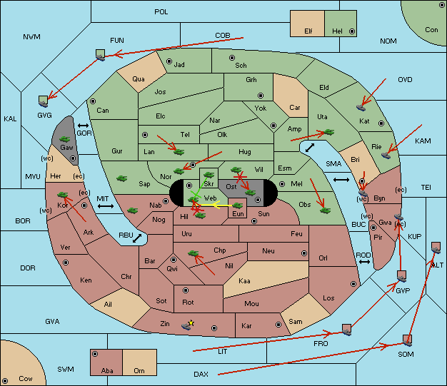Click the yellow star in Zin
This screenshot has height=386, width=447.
click(191, 323)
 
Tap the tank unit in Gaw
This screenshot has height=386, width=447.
click(65, 139)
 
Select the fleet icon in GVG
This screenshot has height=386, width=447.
click(44, 101)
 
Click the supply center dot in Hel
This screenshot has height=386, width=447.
click(352, 31)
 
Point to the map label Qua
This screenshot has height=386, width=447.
click(139, 79)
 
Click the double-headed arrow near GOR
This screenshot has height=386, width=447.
click(83, 126)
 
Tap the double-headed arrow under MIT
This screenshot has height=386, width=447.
click(106, 206)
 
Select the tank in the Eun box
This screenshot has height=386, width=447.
click(238, 205)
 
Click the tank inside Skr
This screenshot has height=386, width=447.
click(209, 174)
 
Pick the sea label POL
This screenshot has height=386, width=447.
click(161, 12)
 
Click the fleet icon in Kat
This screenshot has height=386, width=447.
click(361, 108)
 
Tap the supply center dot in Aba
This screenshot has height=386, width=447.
click(95, 354)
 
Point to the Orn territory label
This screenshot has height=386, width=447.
click(139, 370)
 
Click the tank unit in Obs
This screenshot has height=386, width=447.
click(326, 210)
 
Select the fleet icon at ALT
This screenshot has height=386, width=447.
click(436, 248)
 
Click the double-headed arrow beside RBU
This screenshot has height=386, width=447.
click(137, 238)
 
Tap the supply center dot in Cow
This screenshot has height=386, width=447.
click(5, 380)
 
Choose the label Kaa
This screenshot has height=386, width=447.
click(244, 281)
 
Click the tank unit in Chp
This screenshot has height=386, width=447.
click(194, 253)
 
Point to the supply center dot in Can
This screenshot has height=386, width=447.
click(93, 101)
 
